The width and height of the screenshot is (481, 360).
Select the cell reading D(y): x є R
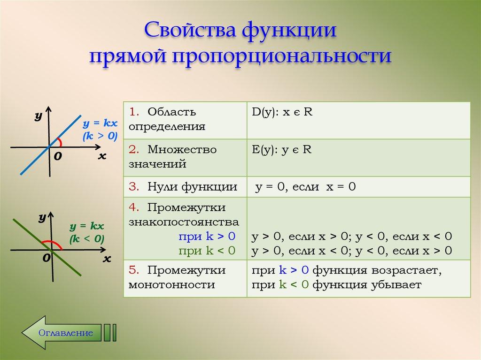(x=282, y=113)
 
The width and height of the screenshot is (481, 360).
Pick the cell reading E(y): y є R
(x=282, y=150)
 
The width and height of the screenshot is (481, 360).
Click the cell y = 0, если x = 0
(x=305, y=187)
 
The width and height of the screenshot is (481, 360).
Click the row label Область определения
(x=169, y=119)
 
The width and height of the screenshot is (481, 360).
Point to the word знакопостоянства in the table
(x=184, y=222)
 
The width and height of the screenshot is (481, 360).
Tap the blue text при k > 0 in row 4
(x=207, y=236)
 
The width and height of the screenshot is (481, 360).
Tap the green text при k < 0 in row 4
(x=207, y=250)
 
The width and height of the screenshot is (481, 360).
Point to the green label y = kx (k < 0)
(x=87, y=232)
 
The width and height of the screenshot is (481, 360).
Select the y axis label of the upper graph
(x=39, y=115)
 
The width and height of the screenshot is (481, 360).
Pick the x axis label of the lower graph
(x=107, y=259)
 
